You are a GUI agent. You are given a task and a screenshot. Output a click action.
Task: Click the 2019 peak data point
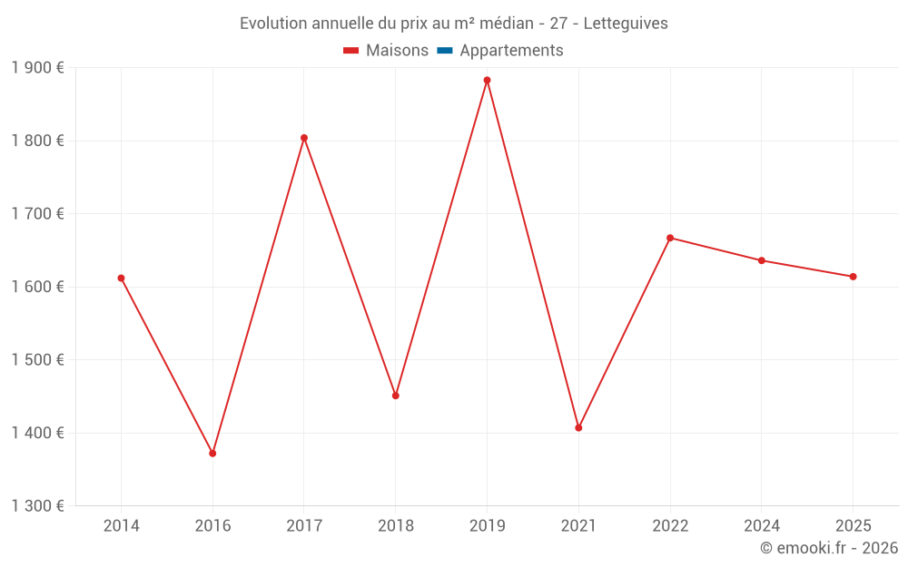(487, 80)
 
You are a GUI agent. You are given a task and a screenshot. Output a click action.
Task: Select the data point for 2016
(212, 453)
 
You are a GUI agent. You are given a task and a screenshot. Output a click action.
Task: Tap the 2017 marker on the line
(304, 138)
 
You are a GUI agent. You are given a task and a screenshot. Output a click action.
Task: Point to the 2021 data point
(578, 427)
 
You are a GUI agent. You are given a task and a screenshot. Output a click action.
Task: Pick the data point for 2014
(121, 278)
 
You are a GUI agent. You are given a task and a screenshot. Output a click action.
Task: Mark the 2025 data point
(853, 277)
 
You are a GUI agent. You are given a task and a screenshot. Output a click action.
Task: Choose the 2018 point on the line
(395, 396)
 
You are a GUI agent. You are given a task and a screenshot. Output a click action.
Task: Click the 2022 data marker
(670, 238)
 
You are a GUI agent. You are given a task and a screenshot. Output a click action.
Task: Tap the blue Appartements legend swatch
(445, 51)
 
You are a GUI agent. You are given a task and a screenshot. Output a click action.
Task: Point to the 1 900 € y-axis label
(37, 68)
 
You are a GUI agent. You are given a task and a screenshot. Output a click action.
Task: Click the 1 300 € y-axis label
(37, 506)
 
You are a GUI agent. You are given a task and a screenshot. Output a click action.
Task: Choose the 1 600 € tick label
(37, 287)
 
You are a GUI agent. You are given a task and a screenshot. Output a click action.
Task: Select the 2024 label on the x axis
(761, 526)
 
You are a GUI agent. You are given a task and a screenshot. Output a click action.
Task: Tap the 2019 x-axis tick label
(487, 526)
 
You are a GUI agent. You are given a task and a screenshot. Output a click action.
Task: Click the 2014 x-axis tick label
(121, 526)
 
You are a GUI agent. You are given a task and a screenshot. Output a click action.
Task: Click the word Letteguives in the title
(626, 24)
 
